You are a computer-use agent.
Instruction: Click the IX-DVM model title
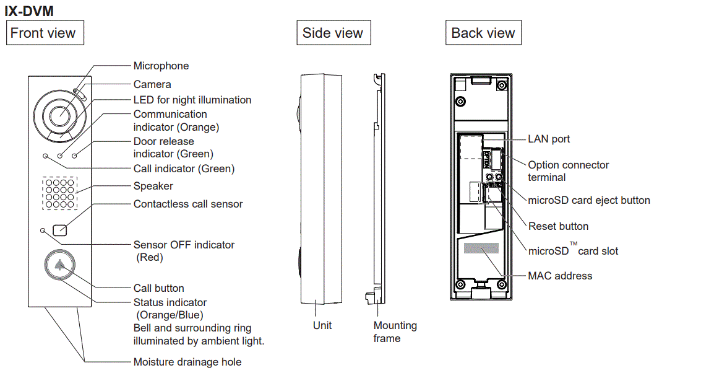tap(29, 11)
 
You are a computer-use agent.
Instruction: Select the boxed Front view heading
tap(43, 33)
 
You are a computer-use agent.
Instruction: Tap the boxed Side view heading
tap(333, 33)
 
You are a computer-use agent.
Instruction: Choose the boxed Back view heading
tap(483, 33)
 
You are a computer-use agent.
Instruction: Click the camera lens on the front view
tap(60, 115)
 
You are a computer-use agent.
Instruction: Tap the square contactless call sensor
tap(60, 229)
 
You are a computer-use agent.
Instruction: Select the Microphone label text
tap(161, 66)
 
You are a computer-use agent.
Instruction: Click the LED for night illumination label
tap(192, 100)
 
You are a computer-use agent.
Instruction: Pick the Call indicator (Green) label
tap(184, 169)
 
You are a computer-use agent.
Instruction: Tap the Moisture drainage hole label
tap(187, 362)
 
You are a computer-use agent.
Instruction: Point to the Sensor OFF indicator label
tap(184, 245)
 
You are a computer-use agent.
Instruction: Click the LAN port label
tap(549, 139)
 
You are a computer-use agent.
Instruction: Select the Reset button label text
tap(558, 226)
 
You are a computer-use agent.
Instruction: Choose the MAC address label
tap(560, 276)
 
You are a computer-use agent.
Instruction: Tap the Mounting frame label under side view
tap(395, 331)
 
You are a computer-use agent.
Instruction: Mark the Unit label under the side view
tap(322, 325)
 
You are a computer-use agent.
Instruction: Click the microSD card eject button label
tap(588, 200)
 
